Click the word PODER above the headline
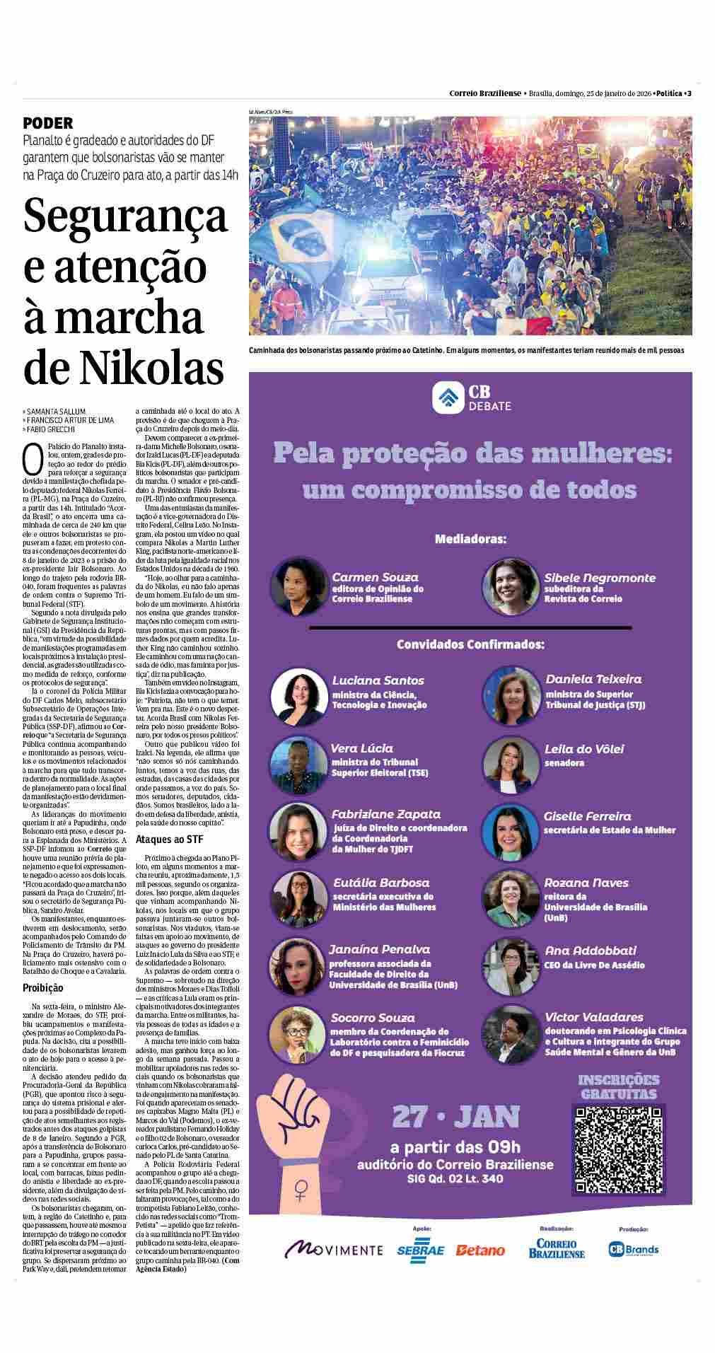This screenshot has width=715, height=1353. pos(47,123)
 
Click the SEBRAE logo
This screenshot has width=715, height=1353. pos(420,1250)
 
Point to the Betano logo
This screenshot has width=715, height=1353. pos(480,1250)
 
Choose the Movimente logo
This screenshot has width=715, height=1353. pos(333,1250)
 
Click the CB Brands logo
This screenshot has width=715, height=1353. pos(633,1249)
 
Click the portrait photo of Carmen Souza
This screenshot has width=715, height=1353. pos(297,586)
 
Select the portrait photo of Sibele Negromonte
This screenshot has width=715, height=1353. pos(509,586)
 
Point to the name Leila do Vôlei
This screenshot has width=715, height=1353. pos(584,748)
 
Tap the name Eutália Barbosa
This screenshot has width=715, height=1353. pos(381,883)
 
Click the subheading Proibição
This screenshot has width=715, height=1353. pos(42,987)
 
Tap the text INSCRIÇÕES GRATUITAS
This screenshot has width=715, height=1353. pos(618,1086)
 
